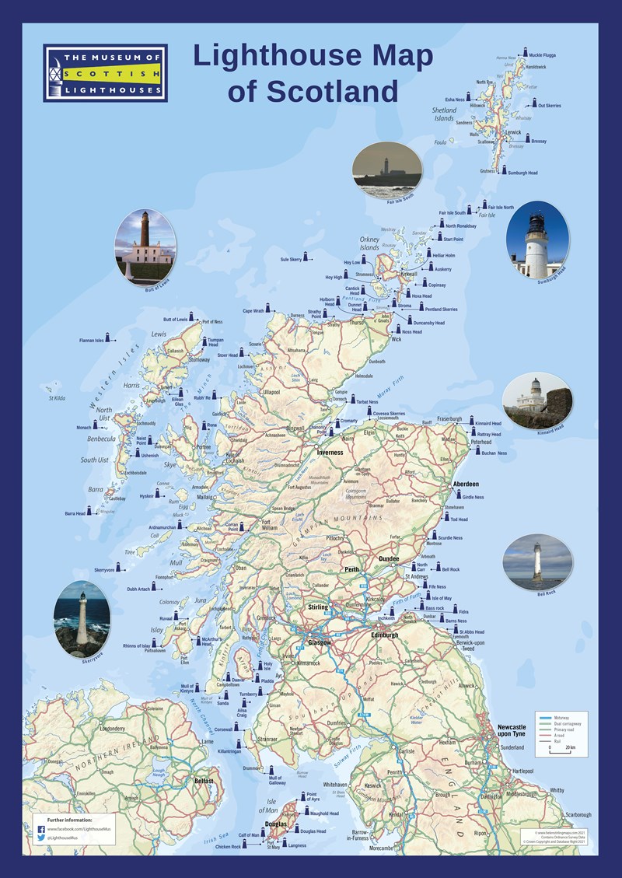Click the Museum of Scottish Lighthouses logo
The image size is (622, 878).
click(105, 73)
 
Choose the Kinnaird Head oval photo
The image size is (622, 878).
click(536, 402)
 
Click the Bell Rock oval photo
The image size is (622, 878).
click(537, 561)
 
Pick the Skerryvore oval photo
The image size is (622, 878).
click(82, 619)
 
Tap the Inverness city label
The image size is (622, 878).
click(329, 452)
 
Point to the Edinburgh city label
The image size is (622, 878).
click(385, 635)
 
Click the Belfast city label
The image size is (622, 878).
click(204, 779)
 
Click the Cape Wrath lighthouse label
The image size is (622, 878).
click(253, 311)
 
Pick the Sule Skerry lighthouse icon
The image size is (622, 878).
click(306, 256)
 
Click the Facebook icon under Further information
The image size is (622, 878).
click(40, 830)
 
